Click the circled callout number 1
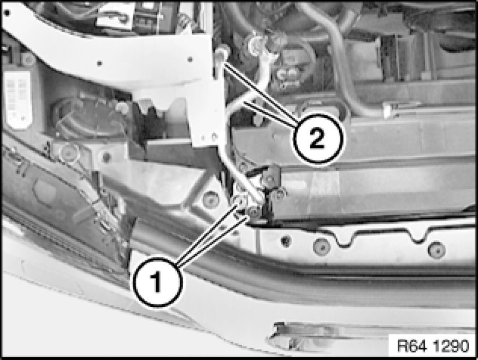[157, 282]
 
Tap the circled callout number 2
[317, 139]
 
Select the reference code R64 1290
[433, 346]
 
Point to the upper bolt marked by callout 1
[239, 201]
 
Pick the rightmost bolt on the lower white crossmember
[437, 249]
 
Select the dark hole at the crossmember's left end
[286, 241]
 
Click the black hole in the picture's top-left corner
[7, 13]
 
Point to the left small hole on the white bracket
[99, 63]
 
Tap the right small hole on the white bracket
[190, 59]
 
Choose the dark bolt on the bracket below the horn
[107, 157]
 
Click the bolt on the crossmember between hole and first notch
[322, 246]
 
